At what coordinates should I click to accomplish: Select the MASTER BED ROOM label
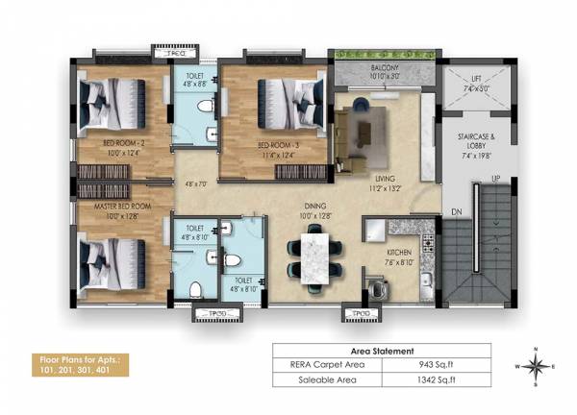point(122,207)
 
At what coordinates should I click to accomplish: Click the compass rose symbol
point(536,366)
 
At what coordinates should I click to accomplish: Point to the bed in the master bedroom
point(113,261)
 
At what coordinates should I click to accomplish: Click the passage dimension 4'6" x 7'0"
point(197,183)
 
